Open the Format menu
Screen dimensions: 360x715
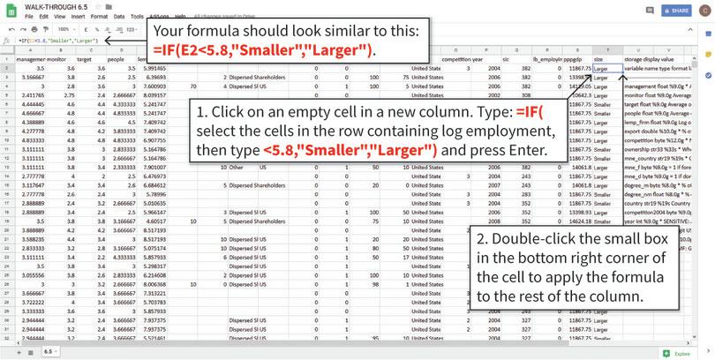(x=99, y=16)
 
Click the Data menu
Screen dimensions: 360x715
(x=119, y=16)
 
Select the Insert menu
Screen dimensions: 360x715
(x=78, y=16)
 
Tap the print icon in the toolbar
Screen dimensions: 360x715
(x=34, y=28)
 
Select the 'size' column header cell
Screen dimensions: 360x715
(x=599, y=59)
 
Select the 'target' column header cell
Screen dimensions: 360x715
(x=86, y=59)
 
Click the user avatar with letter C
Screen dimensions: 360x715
(x=704, y=11)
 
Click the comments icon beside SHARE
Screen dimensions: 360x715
(x=651, y=11)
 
